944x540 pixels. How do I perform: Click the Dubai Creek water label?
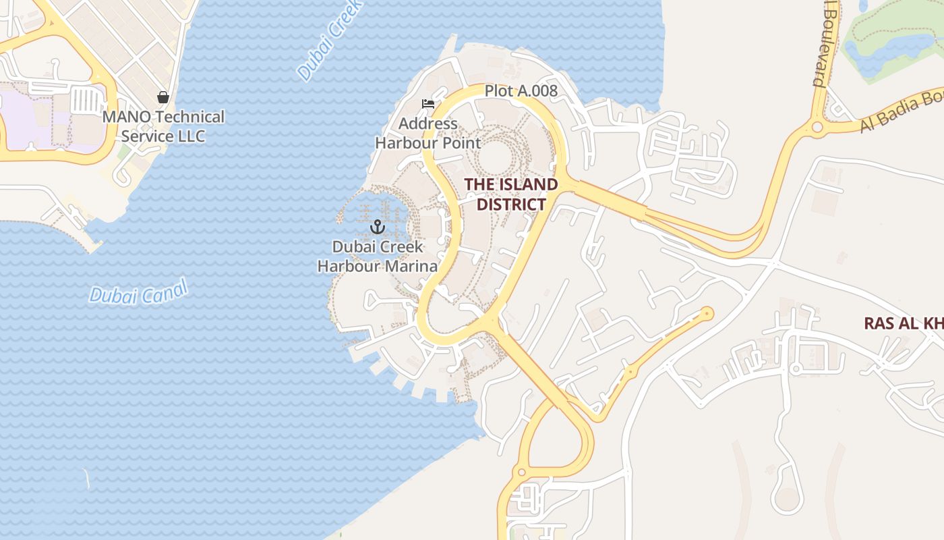(330, 42)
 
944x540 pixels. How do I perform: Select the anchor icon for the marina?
(378, 227)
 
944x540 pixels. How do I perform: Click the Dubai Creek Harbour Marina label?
(378, 256)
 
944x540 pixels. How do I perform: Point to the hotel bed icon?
(427, 104)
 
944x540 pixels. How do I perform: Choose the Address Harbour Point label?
(427, 134)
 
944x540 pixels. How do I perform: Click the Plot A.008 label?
(521, 90)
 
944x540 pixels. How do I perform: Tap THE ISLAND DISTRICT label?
(511, 194)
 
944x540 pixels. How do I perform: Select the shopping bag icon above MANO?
(163, 97)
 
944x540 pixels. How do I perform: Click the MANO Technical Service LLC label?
(163, 126)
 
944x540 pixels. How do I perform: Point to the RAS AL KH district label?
(904, 324)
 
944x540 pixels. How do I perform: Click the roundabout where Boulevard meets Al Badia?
(817, 126)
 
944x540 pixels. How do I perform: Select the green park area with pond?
(890, 44)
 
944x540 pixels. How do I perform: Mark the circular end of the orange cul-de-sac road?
(707, 313)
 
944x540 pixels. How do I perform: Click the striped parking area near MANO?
(86, 101)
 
